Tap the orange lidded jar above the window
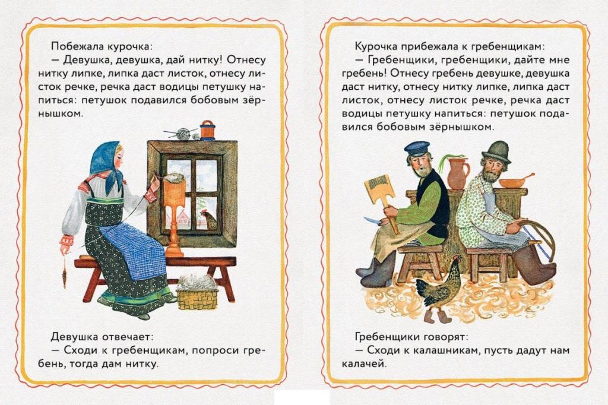207,130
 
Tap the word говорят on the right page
448,337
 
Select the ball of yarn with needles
182,133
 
